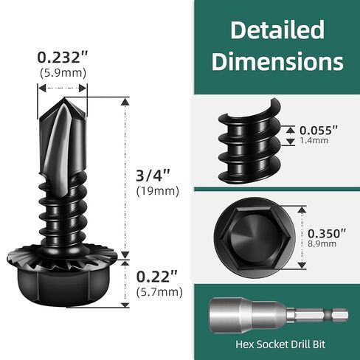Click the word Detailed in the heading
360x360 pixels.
tap(277, 30)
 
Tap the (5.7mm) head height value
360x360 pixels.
tap(159, 291)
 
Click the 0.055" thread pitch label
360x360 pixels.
tap(319, 130)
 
